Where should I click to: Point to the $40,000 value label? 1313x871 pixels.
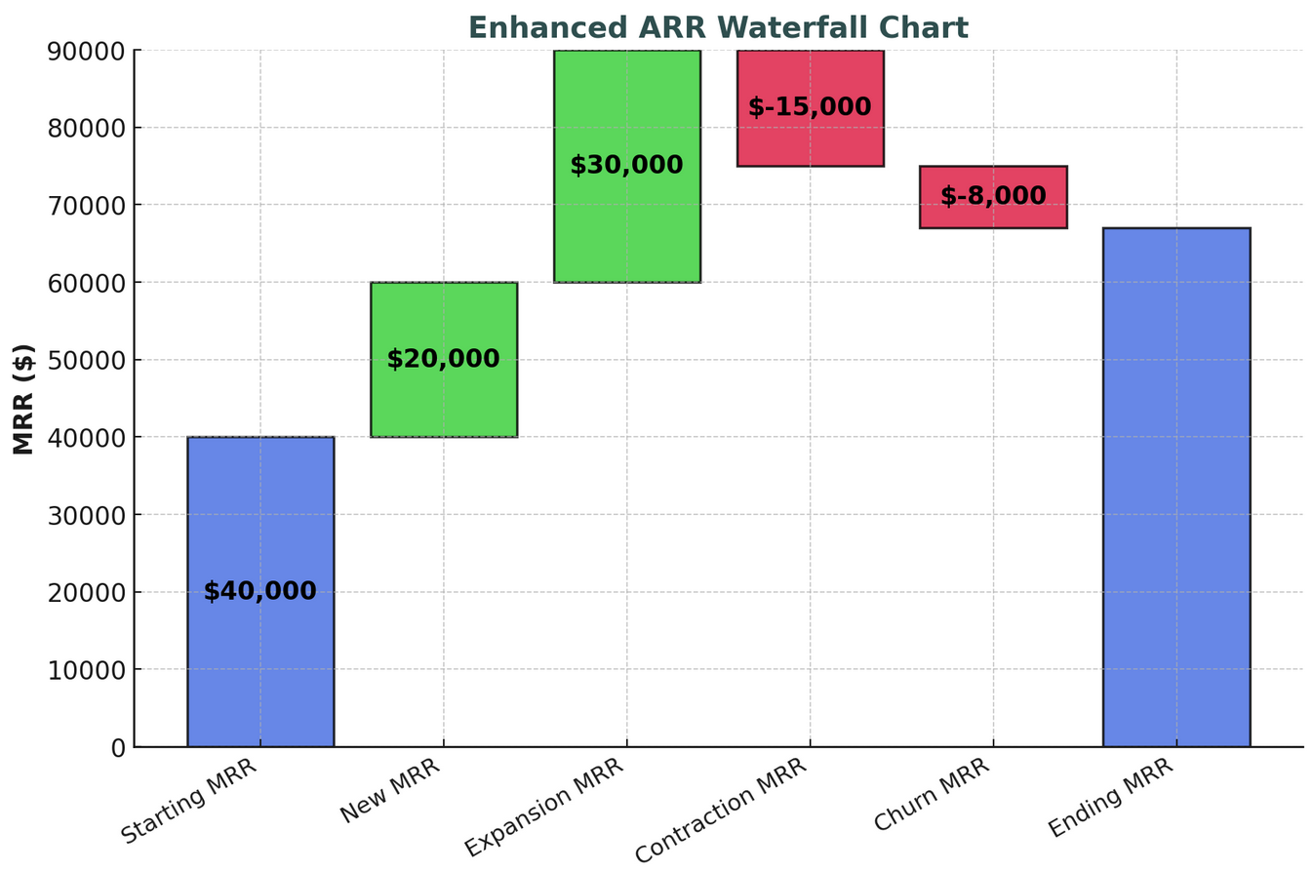pyautogui.click(x=259, y=591)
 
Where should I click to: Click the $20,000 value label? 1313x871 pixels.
pyautogui.click(x=443, y=359)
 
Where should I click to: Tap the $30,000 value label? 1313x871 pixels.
pyautogui.click(x=626, y=166)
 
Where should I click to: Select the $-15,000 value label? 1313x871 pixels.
pyautogui.click(x=810, y=107)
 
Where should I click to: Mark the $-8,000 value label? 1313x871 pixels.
pyautogui.click(x=993, y=196)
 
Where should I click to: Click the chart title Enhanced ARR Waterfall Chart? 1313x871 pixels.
pyautogui.click(x=718, y=27)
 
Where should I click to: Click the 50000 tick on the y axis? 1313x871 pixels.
pyautogui.click(x=87, y=360)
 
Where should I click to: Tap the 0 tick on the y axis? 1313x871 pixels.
pyautogui.click(x=118, y=747)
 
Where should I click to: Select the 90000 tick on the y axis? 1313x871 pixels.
pyautogui.click(x=87, y=51)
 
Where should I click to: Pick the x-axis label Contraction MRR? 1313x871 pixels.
pyautogui.click(x=721, y=810)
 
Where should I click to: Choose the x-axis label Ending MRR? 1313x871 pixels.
pyautogui.click(x=1110, y=798)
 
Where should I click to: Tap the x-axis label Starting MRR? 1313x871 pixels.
pyautogui.click(x=189, y=801)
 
